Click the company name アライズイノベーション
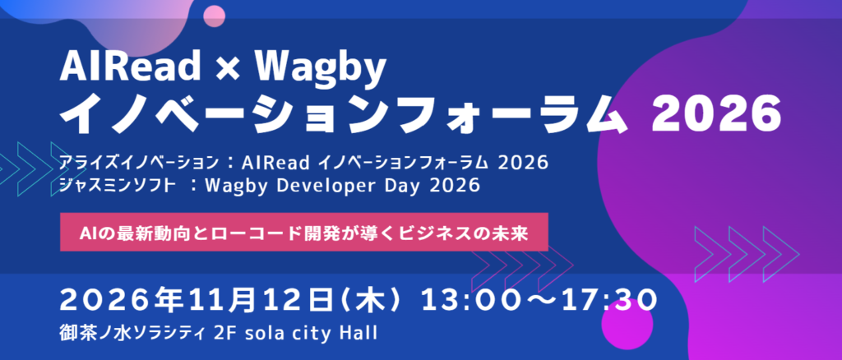click(x=140, y=162)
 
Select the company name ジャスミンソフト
click(x=118, y=185)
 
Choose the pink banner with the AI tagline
click(x=304, y=232)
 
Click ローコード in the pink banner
click(x=266, y=233)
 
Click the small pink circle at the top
click(x=214, y=16)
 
